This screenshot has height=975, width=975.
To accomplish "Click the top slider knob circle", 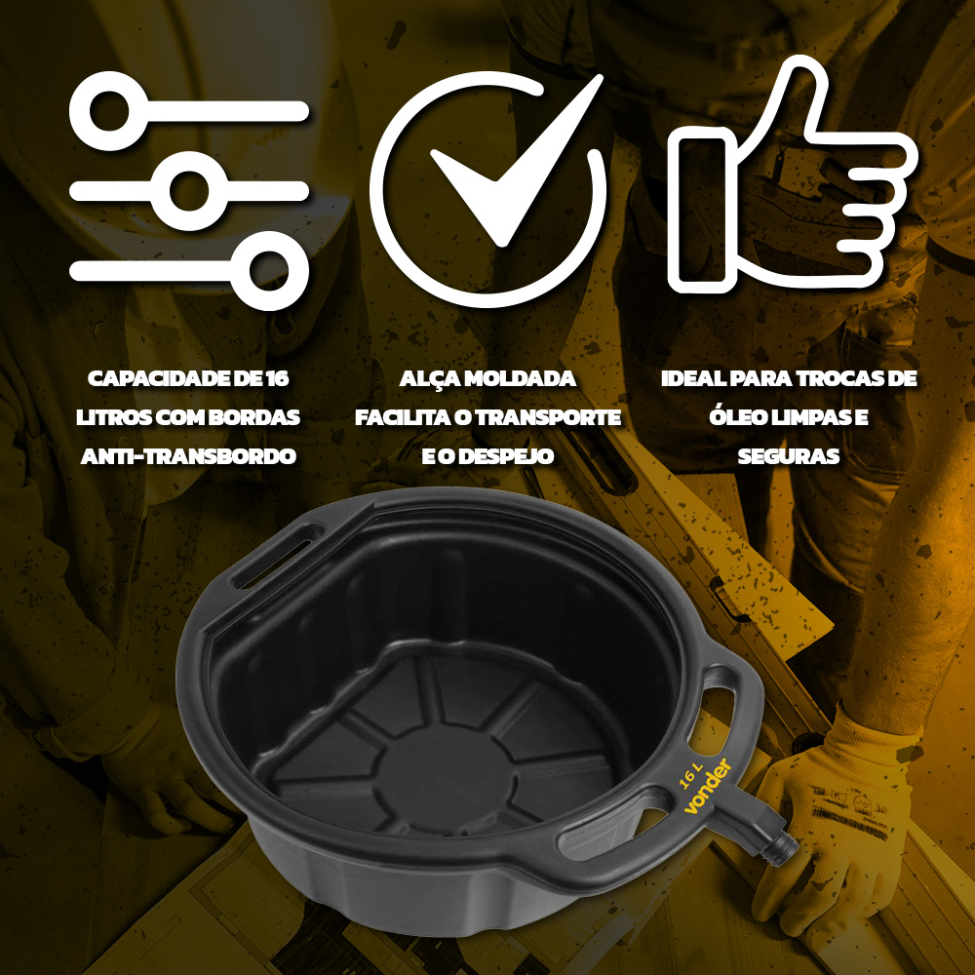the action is click(109, 111).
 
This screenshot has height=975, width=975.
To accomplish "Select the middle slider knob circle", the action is click(189, 191).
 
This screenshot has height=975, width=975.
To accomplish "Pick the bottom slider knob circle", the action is click(269, 270).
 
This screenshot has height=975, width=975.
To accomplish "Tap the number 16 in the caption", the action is click(277, 378).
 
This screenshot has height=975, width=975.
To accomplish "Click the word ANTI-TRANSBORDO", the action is click(188, 456).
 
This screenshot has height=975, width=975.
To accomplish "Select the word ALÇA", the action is click(428, 379).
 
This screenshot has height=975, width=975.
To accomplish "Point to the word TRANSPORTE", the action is click(550, 418).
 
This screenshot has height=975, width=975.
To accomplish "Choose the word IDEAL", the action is click(692, 378).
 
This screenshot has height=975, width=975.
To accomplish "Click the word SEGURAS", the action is click(789, 456).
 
